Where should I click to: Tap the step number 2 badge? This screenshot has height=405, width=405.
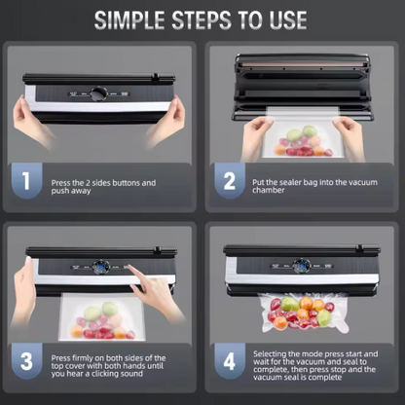[x=230, y=181]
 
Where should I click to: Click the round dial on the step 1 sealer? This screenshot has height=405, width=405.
[x=99, y=94]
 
